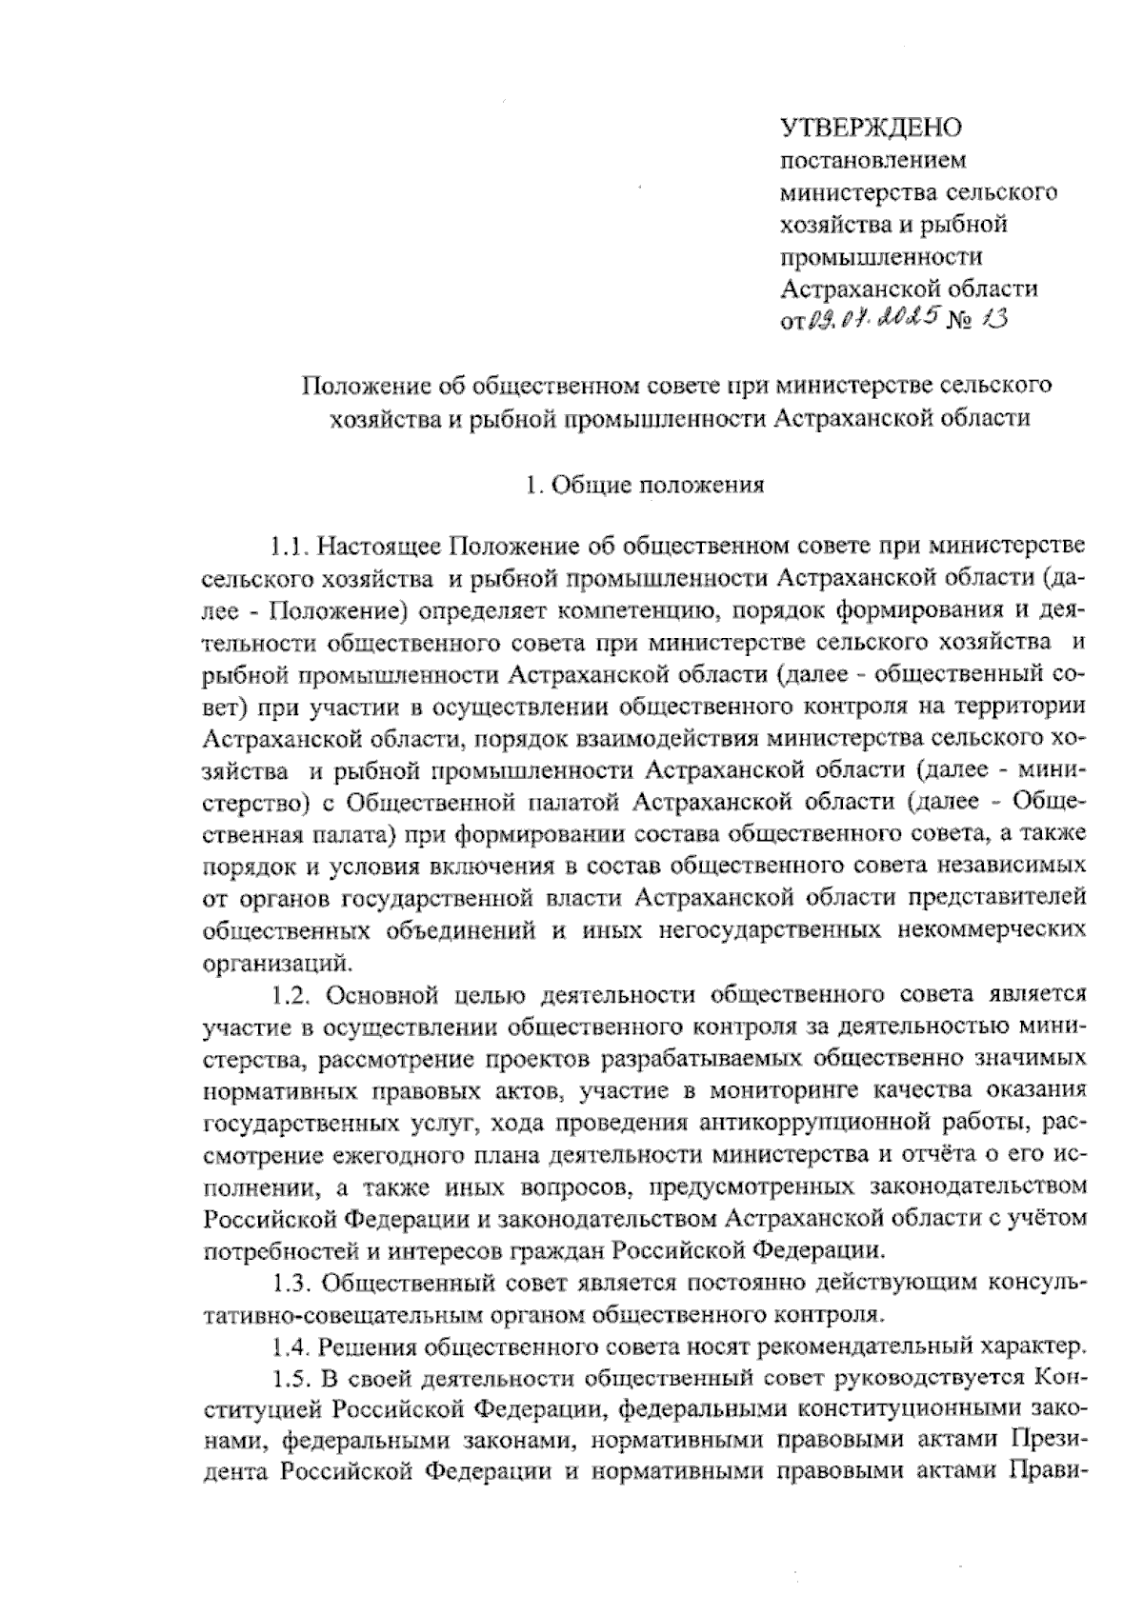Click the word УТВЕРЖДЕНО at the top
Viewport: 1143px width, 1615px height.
[872, 127]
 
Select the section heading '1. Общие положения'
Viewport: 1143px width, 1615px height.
[645, 486]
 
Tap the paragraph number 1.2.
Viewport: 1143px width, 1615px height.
[291, 995]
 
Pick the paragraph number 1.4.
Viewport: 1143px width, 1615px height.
[291, 1347]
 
